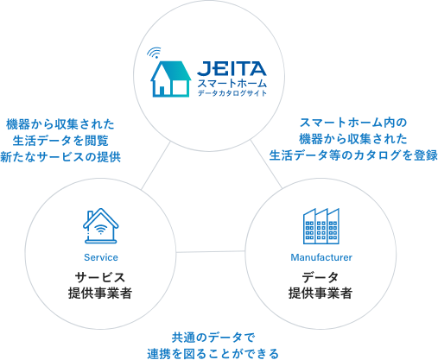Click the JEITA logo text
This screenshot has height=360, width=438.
tap(232, 69)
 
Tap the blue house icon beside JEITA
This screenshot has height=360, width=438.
tap(170, 79)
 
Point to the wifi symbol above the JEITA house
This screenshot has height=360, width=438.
tap(154, 53)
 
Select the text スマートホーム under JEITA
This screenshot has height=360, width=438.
tap(232, 84)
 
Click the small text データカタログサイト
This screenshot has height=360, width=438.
tap(232, 93)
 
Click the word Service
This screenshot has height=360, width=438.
tap(101, 257)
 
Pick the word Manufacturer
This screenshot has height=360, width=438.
tap(321, 257)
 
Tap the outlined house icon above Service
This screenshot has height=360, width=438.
tap(101, 226)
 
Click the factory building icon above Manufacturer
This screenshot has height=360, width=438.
tap(321, 226)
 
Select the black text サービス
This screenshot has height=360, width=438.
tap(100, 277)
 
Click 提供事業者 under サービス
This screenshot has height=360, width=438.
tap(100, 294)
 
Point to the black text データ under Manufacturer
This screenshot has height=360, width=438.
tap(321, 277)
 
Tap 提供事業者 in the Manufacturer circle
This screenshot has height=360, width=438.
tap(321, 294)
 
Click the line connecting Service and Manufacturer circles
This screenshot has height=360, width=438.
tap(211, 252)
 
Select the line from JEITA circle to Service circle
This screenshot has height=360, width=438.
tap(156, 166)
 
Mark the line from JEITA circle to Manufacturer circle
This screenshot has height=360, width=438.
tap(266, 164)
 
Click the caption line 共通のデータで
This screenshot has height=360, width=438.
tap(213, 338)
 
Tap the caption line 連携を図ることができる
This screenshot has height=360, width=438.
tap(213, 354)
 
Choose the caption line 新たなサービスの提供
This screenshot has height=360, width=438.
tap(60, 157)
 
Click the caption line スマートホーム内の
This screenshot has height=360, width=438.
tap(353, 123)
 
